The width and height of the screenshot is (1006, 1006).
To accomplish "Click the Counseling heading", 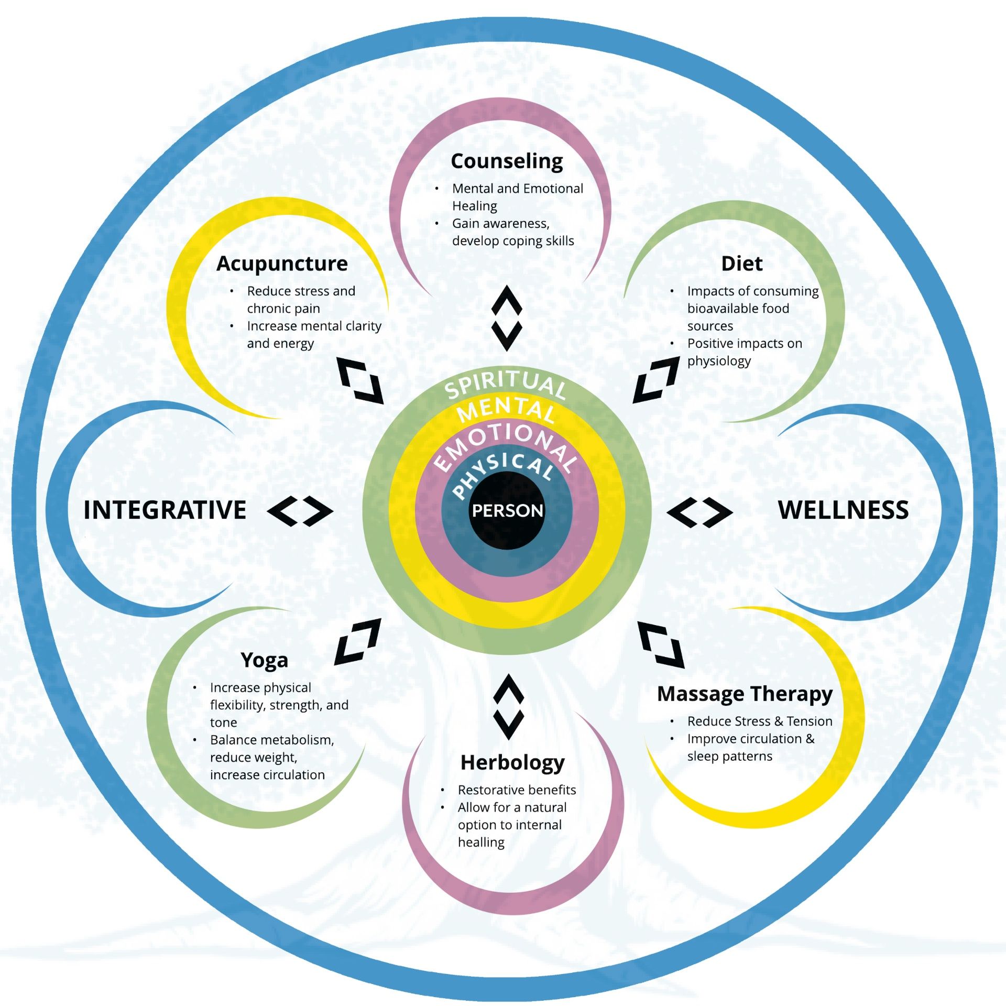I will point(507,161).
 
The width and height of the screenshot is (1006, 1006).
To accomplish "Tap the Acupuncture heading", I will point(282,264).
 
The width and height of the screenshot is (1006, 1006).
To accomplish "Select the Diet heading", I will point(741,264).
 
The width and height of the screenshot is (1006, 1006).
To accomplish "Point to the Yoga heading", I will point(264,660).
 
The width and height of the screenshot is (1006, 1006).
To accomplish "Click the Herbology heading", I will point(512,763).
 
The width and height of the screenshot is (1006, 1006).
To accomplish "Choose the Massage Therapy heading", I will point(745,694).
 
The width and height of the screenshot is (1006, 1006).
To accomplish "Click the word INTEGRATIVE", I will point(165,510).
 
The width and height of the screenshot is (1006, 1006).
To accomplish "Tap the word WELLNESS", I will point(843,510).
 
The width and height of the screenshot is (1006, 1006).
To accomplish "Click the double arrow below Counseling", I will point(507,318).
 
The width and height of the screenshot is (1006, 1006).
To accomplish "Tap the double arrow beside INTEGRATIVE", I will point(300,511).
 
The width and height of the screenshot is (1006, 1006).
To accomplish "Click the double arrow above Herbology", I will point(508,707).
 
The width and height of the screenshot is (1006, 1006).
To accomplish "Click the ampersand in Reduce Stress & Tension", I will point(778,721).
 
